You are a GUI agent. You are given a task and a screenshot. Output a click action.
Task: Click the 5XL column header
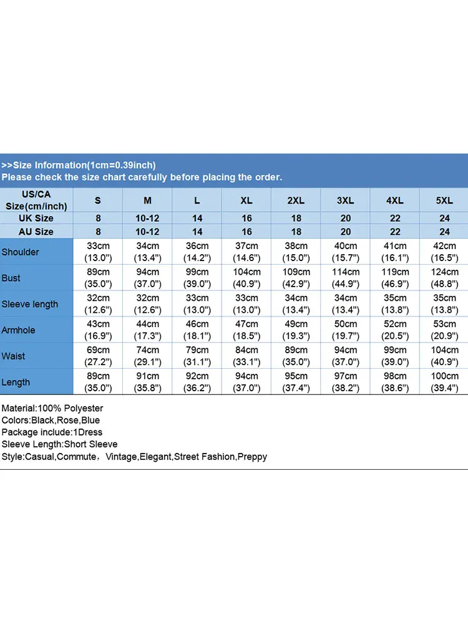pos(444,200)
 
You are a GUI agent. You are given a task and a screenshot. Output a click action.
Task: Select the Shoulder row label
pos(20,252)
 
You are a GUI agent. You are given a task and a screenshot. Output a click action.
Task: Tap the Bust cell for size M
pos(148,278)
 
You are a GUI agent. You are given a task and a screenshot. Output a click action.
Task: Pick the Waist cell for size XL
pos(246,356)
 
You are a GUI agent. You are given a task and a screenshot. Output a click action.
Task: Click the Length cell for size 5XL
pos(444,383)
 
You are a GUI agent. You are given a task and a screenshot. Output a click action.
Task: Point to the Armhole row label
pos(18,330)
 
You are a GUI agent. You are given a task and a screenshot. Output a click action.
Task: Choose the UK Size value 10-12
pos(148,219)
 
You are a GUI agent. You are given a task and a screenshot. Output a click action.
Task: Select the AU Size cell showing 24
pos(444,232)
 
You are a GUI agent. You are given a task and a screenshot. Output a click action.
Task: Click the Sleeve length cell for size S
pos(98,304)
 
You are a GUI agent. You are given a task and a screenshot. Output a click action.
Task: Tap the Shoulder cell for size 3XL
pos(345,252)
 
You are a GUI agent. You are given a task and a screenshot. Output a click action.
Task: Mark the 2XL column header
pos(296,200)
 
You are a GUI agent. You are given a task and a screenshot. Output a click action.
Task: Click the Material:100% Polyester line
pos(52,409)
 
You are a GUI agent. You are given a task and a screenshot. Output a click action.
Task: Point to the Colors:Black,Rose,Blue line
pos(51,421)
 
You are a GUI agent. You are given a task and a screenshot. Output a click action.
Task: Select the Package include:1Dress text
pos(52,432)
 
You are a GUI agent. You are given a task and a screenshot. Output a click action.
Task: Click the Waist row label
pos(13,356)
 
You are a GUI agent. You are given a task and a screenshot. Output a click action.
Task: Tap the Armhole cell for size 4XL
pos(395,330)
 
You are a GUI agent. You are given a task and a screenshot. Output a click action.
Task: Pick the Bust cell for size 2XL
pos(296,278)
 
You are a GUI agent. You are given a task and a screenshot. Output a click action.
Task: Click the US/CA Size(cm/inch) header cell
pos(37,200)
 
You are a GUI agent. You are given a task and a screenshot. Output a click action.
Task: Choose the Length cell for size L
pos(197,383)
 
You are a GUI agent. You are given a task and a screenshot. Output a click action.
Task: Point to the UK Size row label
pos(37,219)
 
